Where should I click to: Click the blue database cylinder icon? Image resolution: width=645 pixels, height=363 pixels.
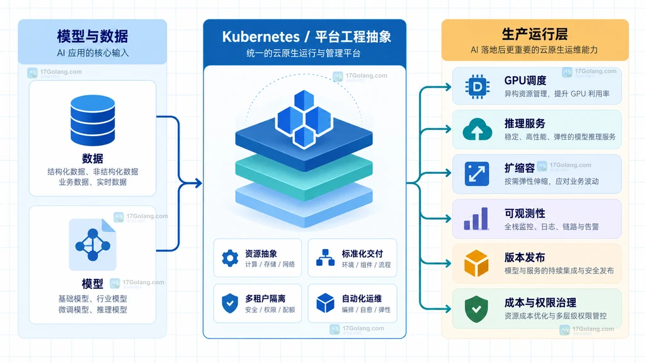(93, 120)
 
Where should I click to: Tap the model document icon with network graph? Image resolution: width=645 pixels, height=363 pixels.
(93, 245)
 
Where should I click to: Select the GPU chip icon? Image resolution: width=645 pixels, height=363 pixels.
(477, 87)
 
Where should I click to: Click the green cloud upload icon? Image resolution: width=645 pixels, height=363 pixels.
(477, 129)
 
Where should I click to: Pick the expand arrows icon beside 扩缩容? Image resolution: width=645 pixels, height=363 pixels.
(477, 174)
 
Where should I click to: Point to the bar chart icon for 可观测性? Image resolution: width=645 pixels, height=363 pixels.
(476, 219)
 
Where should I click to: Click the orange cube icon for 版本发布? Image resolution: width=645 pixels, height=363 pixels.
(476, 263)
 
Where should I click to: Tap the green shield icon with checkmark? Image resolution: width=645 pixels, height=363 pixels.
(476, 309)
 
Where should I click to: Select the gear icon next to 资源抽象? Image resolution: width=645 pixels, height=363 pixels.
(230, 258)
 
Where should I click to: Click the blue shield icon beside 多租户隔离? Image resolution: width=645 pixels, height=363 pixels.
(230, 303)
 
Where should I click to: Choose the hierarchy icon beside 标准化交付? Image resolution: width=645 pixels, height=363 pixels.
(326, 258)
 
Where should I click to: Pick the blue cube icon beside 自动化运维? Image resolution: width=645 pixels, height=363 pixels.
(326, 303)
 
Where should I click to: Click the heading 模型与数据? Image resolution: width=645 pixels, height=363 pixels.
(93, 36)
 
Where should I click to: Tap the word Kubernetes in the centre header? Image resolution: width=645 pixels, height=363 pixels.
(261, 37)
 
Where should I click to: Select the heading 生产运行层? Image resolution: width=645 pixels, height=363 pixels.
(535, 34)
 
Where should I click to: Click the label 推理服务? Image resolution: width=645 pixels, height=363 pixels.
(525, 124)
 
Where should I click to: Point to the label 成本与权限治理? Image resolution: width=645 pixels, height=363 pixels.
(540, 303)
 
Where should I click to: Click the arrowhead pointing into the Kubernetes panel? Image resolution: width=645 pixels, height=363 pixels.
(198, 183)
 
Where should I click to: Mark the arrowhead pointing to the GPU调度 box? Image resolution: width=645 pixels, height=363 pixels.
(448, 87)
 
